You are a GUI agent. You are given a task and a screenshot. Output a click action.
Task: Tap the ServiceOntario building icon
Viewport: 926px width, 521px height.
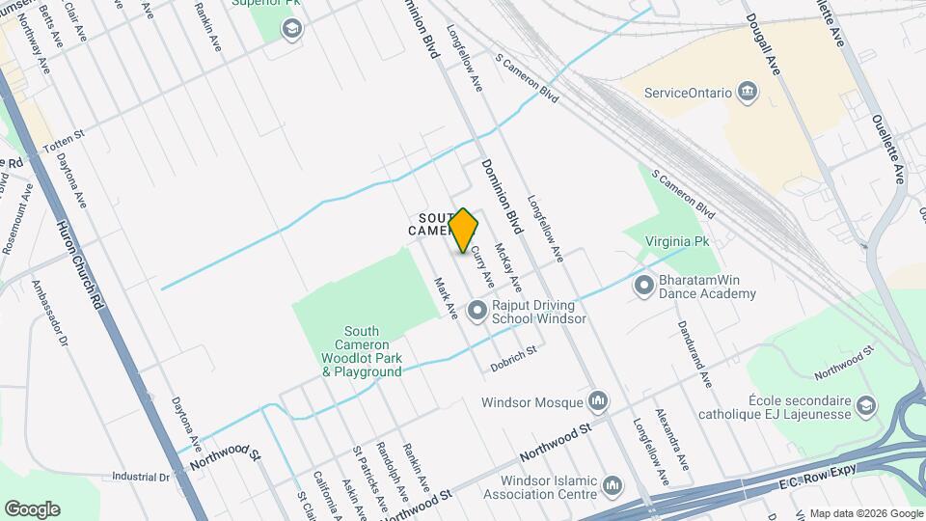[748, 93]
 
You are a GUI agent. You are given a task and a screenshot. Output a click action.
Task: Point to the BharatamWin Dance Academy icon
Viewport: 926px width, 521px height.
[644, 287]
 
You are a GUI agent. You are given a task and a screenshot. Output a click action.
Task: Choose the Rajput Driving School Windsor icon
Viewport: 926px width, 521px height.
[477, 311]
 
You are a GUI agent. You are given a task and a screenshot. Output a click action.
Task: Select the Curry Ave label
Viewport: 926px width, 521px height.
[482, 264]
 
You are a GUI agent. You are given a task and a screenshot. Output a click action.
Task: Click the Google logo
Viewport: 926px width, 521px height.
[32, 508]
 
